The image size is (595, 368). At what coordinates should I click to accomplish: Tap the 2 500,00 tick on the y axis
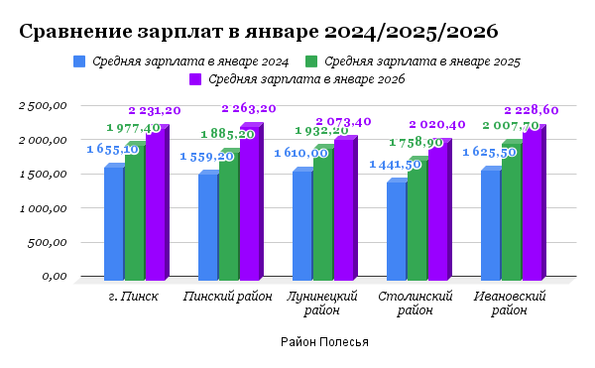(43, 105)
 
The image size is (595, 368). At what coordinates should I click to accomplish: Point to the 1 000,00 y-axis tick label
(43, 208)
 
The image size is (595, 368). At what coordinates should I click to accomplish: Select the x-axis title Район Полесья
(324, 342)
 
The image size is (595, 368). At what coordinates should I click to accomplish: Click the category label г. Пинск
(133, 297)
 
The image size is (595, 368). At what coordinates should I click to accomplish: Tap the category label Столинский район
(416, 304)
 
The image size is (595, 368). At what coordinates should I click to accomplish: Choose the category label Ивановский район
(510, 304)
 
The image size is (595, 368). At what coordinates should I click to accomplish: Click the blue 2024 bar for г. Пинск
(114, 222)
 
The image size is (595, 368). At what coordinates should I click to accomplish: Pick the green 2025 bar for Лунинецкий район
(322, 213)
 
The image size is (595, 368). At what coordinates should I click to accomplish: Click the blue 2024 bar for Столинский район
(396, 229)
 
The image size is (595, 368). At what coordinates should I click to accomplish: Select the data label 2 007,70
(511, 126)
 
